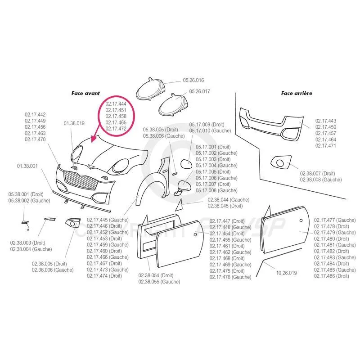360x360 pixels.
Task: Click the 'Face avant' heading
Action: [x=83, y=93]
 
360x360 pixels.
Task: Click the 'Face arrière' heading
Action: [x=297, y=94]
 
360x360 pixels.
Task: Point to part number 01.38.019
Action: [x=74, y=123]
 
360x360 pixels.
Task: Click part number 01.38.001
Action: [x=27, y=166]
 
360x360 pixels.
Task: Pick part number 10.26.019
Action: [x=286, y=273]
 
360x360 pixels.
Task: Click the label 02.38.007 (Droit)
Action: [x=317, y=173]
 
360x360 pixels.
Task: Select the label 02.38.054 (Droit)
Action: [x=156, y=275]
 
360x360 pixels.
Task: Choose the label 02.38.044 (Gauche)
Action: [x=229, y=200]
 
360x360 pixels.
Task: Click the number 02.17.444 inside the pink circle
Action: [x=116, y=104]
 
